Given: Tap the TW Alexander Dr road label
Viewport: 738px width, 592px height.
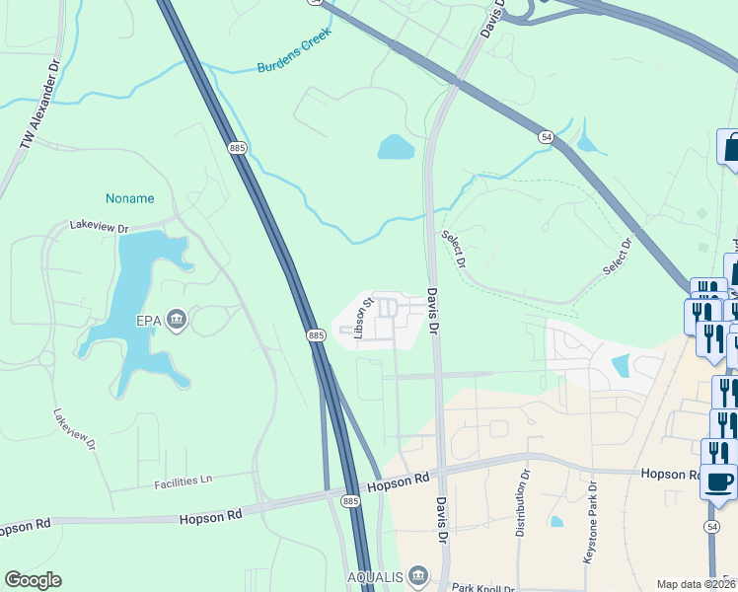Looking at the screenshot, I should [39, 109].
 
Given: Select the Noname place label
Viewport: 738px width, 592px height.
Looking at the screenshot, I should [130, 198].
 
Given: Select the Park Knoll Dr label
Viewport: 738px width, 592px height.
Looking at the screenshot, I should [483, 587].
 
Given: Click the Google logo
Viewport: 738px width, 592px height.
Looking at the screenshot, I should [33, 580].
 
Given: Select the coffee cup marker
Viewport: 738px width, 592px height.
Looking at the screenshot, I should [718, 482].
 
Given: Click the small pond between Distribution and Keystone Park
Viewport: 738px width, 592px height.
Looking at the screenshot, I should [556, 521].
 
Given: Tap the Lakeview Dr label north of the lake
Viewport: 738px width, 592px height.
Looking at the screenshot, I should [100, 227].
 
